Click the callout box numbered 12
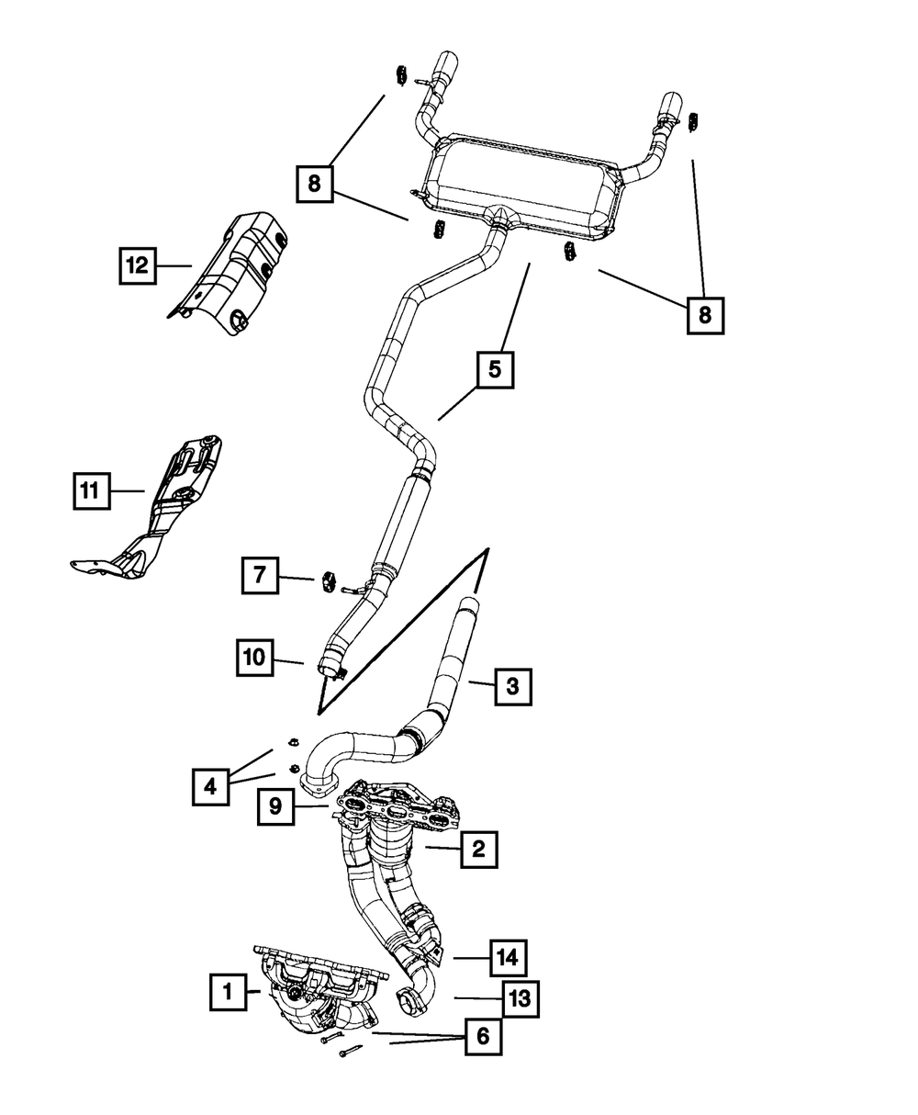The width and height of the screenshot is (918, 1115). point(137,265)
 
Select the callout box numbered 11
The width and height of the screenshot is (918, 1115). point(92,490)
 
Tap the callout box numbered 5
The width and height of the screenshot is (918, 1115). point(496,369)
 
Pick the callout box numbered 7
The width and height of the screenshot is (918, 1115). point(260,575)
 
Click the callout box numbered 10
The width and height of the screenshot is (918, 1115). point(255,658)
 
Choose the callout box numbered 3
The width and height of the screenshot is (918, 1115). point(513,687)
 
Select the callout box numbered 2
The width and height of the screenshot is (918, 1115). point(479,849)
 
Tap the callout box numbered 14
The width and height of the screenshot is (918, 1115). point(508,958)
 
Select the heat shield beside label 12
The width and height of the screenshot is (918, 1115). point(229,273)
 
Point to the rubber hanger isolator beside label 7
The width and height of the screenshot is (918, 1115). point(327,581)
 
